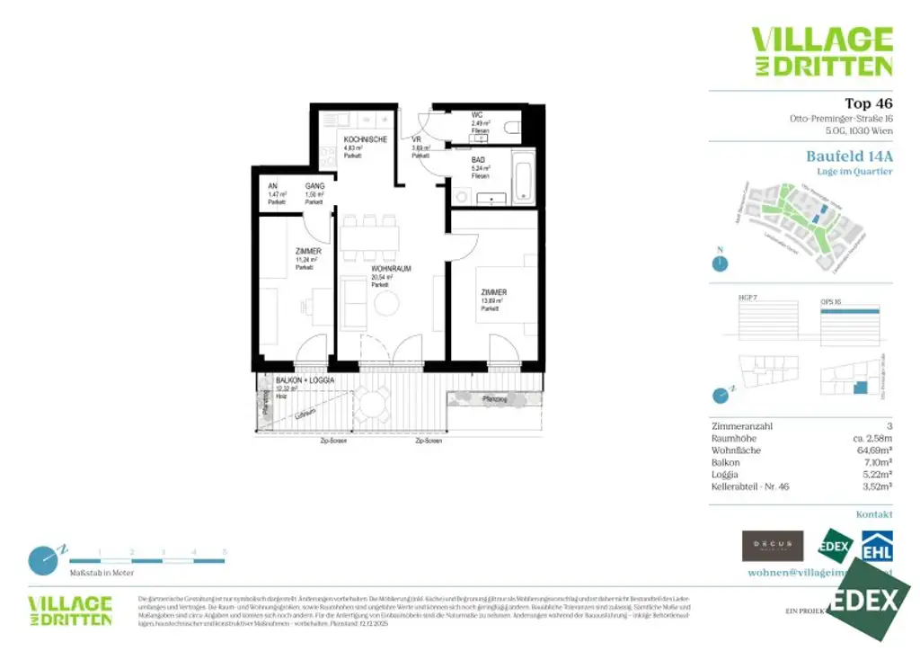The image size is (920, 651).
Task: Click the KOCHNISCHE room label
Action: click(x=365, y=139)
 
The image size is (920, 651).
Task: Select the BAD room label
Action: click(x=478, y=159)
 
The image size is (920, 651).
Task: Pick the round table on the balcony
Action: click(x=370, y=402)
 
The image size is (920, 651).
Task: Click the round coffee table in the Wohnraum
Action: click(x=386, y=305)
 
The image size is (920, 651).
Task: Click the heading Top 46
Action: click(x=869, y=103)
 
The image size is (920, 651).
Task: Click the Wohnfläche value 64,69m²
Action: click(x=874, y=450)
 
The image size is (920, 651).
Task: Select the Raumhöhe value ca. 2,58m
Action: click(x=872, y=438)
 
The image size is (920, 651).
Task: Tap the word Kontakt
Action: click(x=874, y=514)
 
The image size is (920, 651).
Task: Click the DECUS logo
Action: click(x=773, y=546)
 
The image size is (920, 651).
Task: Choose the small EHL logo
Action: click(x=877, y=548)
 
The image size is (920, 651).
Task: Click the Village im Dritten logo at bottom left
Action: click(x=70, y=611)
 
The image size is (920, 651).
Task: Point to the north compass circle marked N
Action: click(x=719, y=263)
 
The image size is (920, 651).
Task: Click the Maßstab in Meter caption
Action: click(x=102, y=572)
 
